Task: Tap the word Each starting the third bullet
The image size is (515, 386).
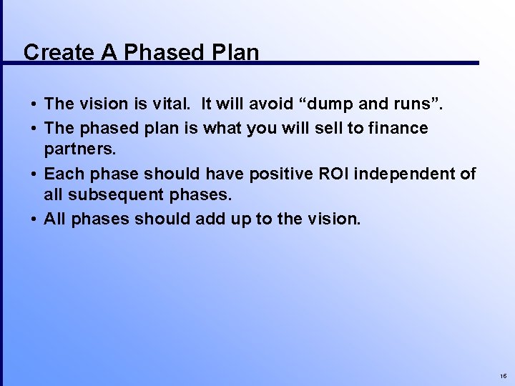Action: pos(62,174)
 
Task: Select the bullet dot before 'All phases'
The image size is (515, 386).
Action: pos(34,219)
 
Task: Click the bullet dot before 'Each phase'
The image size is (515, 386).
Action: pos(34,174)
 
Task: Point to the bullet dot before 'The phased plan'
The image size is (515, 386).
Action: pos(34,129)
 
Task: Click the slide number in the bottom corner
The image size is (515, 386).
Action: pos(503,375)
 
